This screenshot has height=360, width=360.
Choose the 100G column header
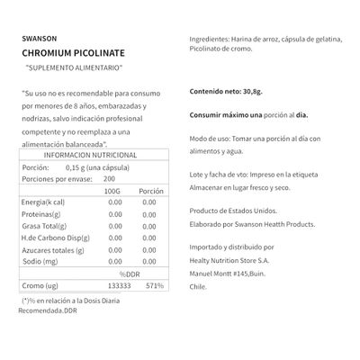point(112,192)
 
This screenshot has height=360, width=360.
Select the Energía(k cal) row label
point(42,202)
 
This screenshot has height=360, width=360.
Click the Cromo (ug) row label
point(40,285)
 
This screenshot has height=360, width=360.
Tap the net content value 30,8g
point(254,91)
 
